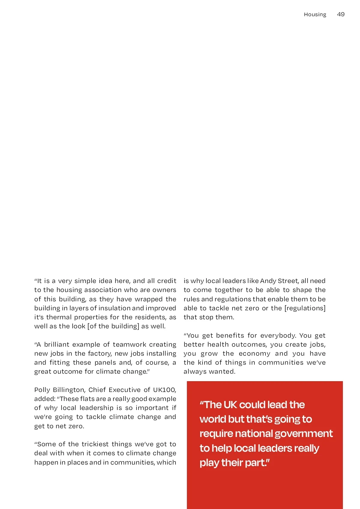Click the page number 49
(x=340, y=14)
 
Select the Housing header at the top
(x=315, y=14)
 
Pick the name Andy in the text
(x=268, y=281)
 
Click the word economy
(x=254, y=354)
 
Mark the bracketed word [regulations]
(x=305, y=308)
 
